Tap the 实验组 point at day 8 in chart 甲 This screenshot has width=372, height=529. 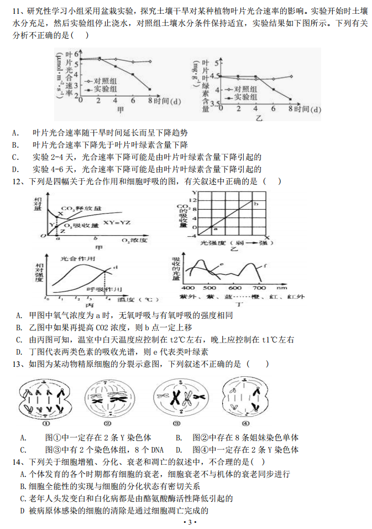click(150, 89)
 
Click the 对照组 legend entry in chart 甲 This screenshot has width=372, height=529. click(106, 80)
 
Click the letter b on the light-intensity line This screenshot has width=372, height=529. click(256, 205)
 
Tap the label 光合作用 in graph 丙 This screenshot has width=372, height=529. click(73, 259)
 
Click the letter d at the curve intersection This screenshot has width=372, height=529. click(116, 268)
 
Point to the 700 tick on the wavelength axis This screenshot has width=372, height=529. click(259, 288)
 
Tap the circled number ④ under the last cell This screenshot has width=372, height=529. click(245, 423)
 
